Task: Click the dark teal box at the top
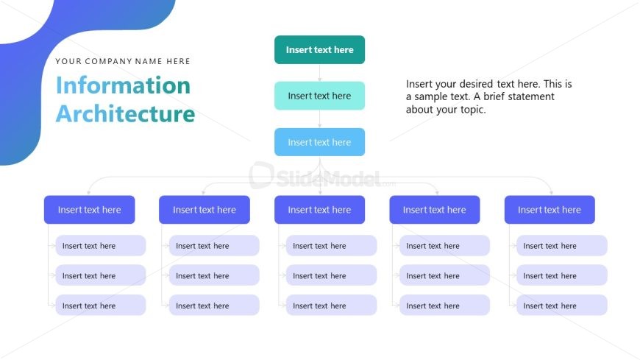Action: point(319,50)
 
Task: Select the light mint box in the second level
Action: point(319,96)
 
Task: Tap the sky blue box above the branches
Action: point(319,142)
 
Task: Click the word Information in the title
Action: point(123,85)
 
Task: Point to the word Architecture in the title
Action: point(125,114)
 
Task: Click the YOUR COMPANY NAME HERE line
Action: point(123,61)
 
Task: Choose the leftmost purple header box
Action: point(89,210)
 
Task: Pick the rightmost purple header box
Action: point(550,210)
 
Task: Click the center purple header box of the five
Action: point(319,210)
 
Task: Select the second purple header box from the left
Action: point(205,210)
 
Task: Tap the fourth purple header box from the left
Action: point(434,210)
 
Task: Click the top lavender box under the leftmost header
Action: point(100,246)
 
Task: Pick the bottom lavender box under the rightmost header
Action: point(561,306)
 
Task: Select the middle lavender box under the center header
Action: point(331,276)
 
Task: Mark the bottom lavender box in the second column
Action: point(214,306)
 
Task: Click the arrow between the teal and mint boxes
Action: point(319,73)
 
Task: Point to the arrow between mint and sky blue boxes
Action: point(319,119)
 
